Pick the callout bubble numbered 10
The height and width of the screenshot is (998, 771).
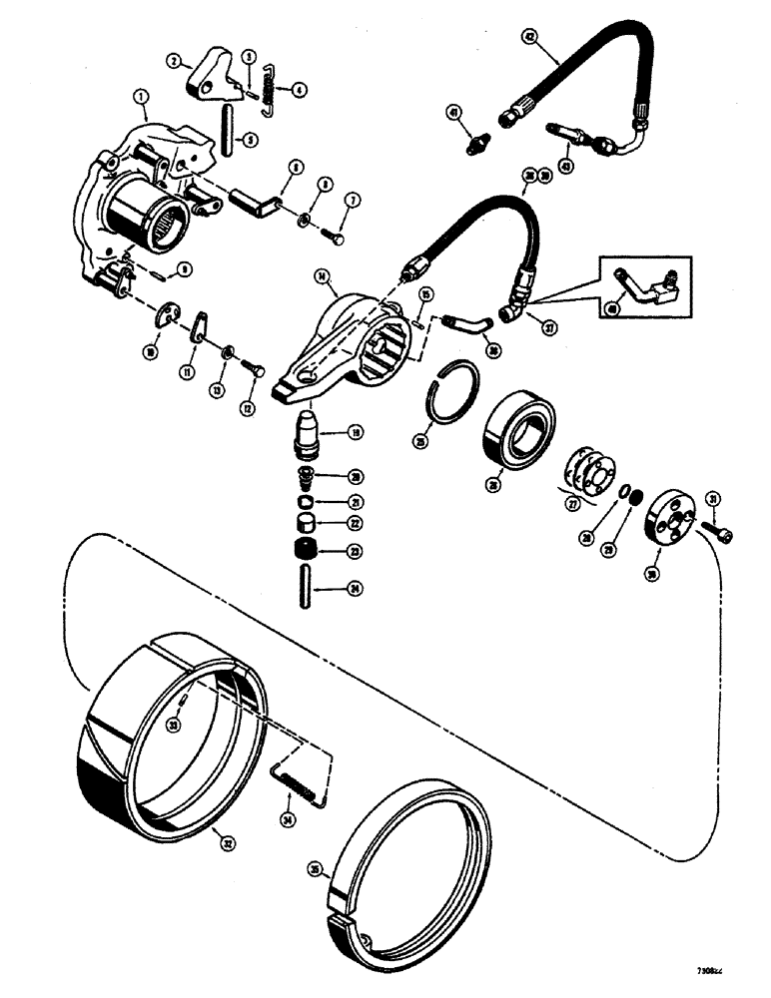(150, 352)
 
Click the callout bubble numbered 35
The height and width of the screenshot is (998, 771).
(319, 869)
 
